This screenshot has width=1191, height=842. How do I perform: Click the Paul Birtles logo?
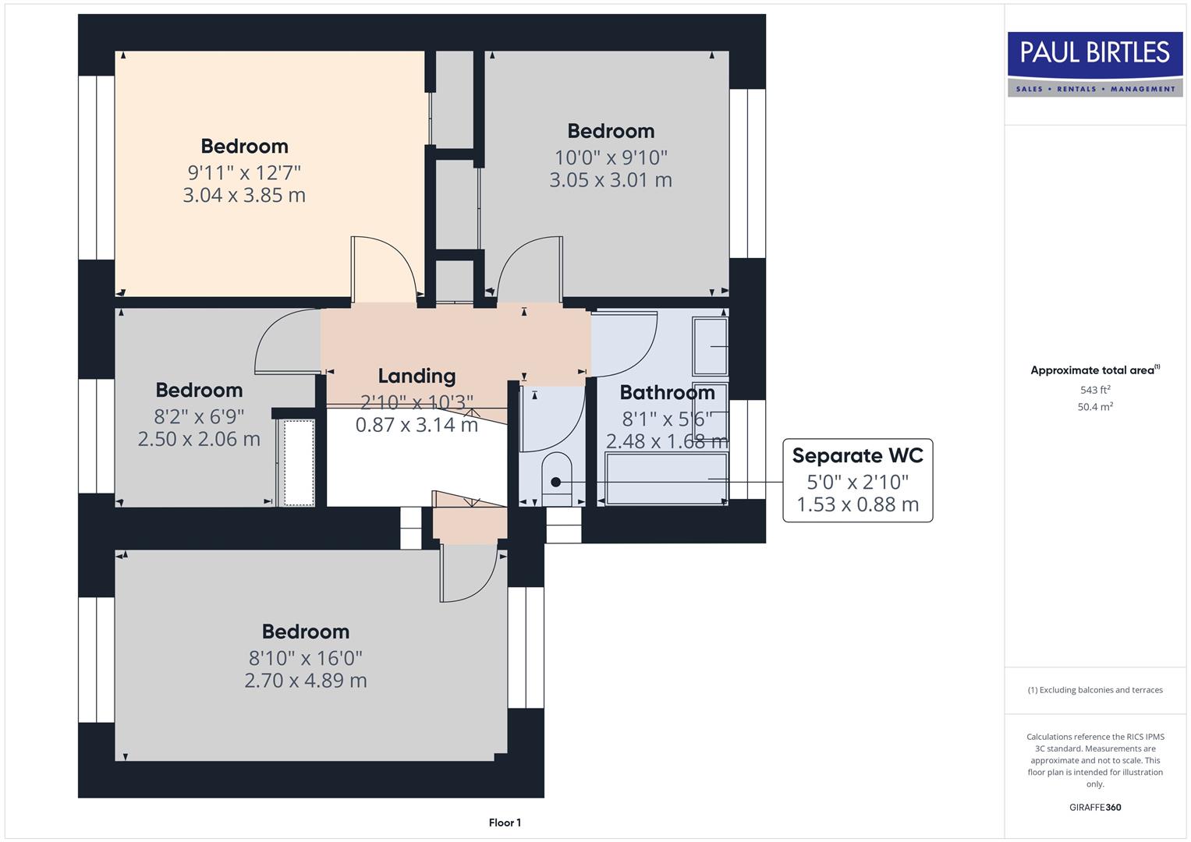(1094, 64)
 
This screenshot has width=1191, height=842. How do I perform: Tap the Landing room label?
(416, 376)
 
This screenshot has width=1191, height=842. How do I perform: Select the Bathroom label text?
(667, 392)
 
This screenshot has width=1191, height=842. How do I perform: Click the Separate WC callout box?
(857, 479)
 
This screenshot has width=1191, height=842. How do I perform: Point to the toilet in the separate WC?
(556, 475)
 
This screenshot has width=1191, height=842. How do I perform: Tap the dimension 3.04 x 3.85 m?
(244, 195)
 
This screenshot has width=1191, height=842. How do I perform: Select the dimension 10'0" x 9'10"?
(611, 157)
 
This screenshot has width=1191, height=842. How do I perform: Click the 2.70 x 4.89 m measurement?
(306, 681)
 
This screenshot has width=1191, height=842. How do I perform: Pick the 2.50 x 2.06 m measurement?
(199, 439)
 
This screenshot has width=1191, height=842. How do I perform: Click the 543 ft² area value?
(1094, 390)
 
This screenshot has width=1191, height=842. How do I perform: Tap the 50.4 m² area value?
(1094, 407)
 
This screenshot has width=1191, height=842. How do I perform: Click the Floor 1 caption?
(505, 823)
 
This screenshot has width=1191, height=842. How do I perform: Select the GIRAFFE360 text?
(1094, 807)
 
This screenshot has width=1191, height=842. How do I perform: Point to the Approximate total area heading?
(1094, 370)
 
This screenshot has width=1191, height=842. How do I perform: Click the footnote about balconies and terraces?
(1094, 690)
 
